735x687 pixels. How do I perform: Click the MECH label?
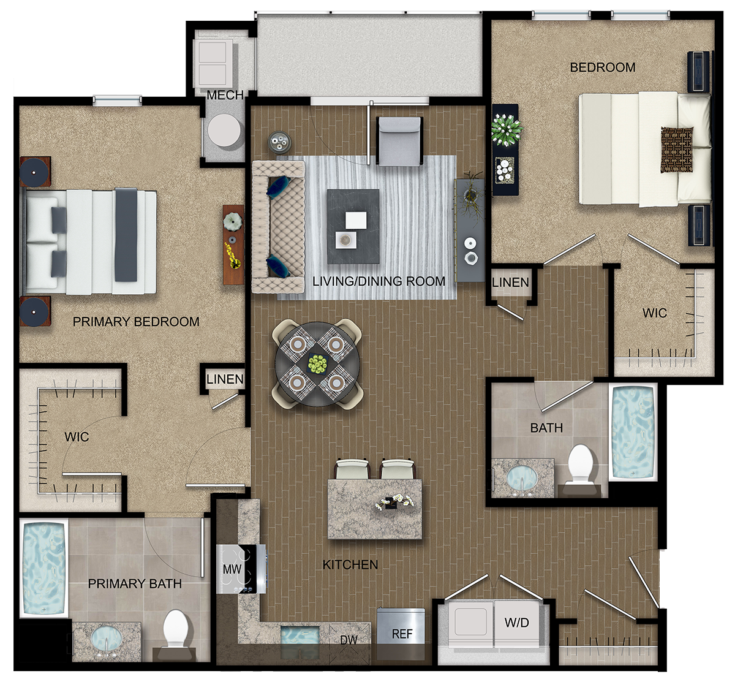click(225, 95)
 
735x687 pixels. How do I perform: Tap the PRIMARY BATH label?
click(135, 584)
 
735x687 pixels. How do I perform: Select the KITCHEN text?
click(350, 565)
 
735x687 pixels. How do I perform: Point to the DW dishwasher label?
click(349, 640)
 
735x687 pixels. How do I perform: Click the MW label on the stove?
click(232, 569)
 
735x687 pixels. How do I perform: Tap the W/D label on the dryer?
click(517, 623)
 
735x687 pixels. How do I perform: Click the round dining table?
click(317, 365)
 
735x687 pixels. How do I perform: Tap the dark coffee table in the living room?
click(353, 227)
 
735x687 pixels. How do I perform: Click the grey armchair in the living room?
click(399, 142)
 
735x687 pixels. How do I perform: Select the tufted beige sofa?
click(278, 227)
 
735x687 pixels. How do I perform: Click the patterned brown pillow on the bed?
click(677, 150)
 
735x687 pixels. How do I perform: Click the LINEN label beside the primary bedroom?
click(225, 379)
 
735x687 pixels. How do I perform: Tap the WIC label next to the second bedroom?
click(655, 313)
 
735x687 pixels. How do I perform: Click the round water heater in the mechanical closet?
click(225, 131)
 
